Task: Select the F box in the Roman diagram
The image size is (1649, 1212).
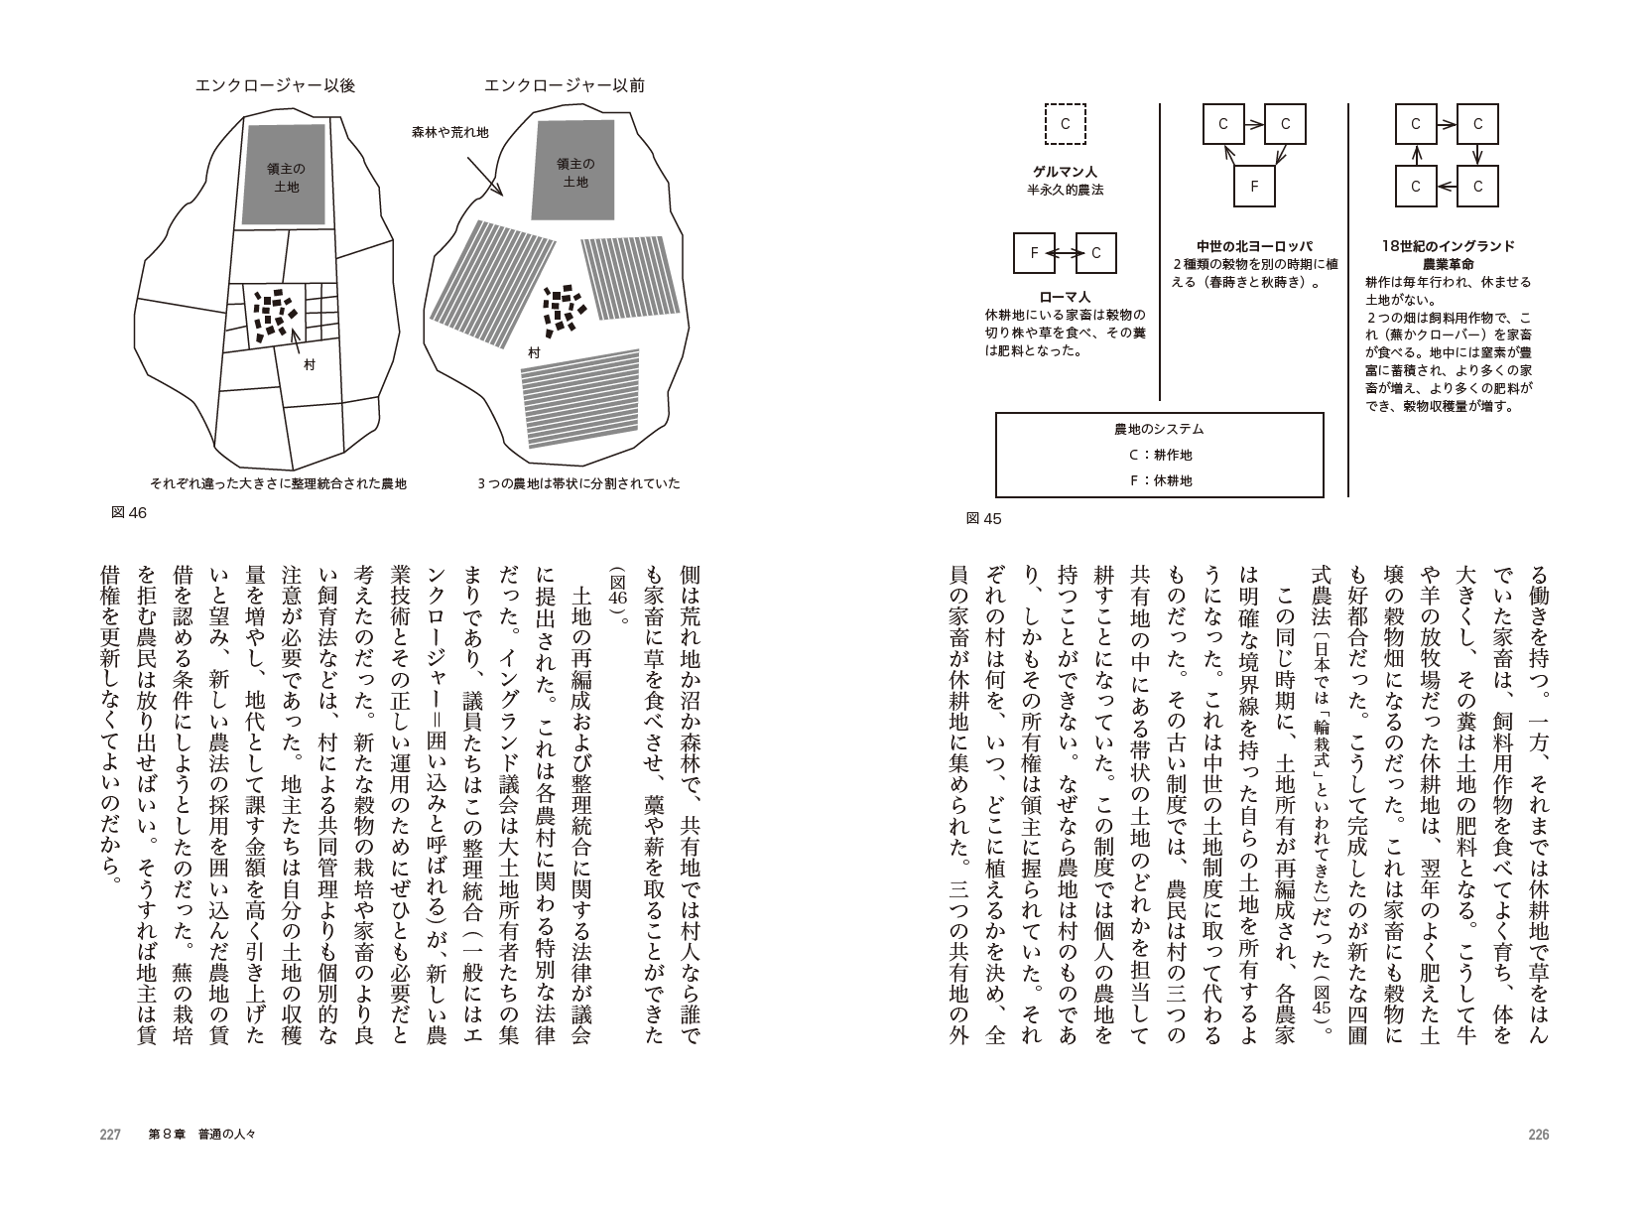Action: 1034,253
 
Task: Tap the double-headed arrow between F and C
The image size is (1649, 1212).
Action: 1066,253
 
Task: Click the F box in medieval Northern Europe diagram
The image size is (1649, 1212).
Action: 1254,187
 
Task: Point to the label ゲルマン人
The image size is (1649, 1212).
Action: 1066,172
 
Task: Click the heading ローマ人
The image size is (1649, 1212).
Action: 1066,297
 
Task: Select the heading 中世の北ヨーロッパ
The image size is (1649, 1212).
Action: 1254,246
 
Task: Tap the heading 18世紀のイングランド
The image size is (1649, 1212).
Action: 1448,246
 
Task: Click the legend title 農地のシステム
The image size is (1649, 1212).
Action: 1160,429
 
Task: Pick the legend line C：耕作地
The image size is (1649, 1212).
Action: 1160,455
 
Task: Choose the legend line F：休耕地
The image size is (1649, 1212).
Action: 1160,480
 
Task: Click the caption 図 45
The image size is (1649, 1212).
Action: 983,519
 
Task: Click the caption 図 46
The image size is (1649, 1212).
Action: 129,512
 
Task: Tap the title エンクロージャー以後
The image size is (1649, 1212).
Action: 275,85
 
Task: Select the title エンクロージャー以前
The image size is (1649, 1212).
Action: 565,85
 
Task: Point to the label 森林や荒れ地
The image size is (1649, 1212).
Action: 449,133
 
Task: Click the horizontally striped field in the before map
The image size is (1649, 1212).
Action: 580,398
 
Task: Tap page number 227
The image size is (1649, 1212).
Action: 110,1135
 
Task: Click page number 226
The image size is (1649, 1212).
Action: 1539,1135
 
